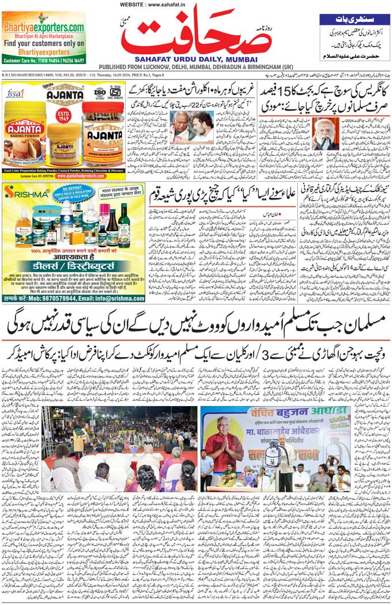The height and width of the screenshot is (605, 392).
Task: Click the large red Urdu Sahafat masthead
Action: pyautogui.click(x=196, y=34)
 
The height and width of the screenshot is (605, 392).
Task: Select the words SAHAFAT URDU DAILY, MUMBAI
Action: pyautogui.click(x=196, y=59)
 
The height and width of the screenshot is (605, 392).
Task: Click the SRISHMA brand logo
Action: pyautogui.click(x=27, y=193)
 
